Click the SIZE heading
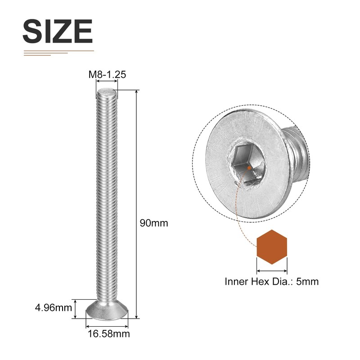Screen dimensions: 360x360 point(57,31)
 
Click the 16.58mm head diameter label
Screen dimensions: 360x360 point(108,334)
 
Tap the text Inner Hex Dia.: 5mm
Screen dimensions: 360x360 point(271,282)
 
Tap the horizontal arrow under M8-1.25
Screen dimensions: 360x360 point(107,82)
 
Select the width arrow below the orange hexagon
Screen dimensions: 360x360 point(272,271)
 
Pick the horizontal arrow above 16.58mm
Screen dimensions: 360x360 point(107,326)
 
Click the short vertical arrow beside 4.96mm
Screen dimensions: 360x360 point(76,309)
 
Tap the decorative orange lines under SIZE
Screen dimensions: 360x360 point(54,53)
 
